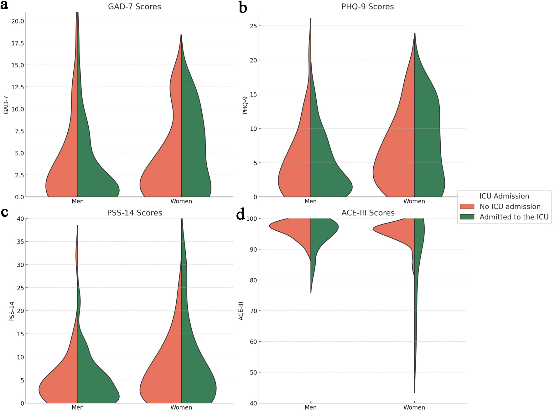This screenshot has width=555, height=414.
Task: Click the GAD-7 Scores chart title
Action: [x=134, y=7]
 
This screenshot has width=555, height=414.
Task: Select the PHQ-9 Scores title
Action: [x=367, y=7]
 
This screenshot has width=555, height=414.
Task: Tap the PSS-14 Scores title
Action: [x=134, y=213]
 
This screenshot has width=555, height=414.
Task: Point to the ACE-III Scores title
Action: [x=368, y=213]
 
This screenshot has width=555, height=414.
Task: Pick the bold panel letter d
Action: [x=241, y=215]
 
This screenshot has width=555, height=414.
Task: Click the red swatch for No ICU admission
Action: [x=467, y=207]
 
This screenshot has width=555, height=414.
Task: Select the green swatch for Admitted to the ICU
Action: [x=467, y=217]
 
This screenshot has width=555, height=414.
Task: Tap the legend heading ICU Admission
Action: [x=504, y=196]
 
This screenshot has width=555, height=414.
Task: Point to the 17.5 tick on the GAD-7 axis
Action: [x=18, y=43]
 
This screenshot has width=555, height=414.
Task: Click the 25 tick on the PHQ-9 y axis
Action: [x=253, y=26]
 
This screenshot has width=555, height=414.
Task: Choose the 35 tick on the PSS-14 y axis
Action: [x=20, y=242]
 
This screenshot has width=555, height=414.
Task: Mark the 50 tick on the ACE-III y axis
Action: [x=253, y=373]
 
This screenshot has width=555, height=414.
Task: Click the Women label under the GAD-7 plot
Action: [x=181, y=201]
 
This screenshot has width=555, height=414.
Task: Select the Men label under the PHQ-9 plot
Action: [x=310, y=201]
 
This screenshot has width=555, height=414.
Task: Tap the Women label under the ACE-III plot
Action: [x=414, y=407]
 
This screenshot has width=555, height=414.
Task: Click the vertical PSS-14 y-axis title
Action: [x=12, y=311]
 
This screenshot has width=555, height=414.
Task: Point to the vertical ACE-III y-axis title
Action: [x=241, y=311]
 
